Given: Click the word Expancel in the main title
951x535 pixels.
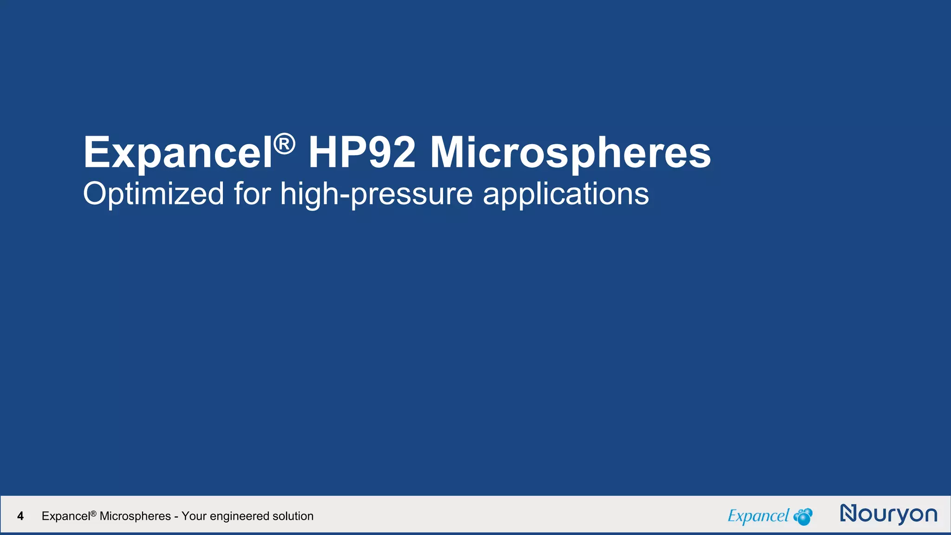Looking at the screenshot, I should click(177, 153).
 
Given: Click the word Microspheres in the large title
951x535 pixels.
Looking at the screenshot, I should click(570, 153).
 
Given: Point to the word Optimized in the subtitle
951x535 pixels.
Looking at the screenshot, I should click(154, 194).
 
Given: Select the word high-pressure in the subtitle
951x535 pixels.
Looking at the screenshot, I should click(377, 194).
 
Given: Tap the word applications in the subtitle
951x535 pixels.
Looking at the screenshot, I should click(566, 194).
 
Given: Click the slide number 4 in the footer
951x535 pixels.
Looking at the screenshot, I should click(20, 516).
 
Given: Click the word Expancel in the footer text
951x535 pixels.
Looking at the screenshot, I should click(66, 516).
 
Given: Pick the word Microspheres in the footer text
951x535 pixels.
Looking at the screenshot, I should click(135, 516).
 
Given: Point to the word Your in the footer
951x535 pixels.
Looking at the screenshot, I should click(194, 516).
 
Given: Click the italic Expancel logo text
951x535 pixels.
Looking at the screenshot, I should click(758, 516).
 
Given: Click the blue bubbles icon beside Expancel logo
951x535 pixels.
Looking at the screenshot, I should click(803, 516).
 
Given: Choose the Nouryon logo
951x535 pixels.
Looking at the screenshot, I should click(888, 514).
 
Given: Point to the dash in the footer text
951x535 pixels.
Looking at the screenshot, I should click(176, 516).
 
